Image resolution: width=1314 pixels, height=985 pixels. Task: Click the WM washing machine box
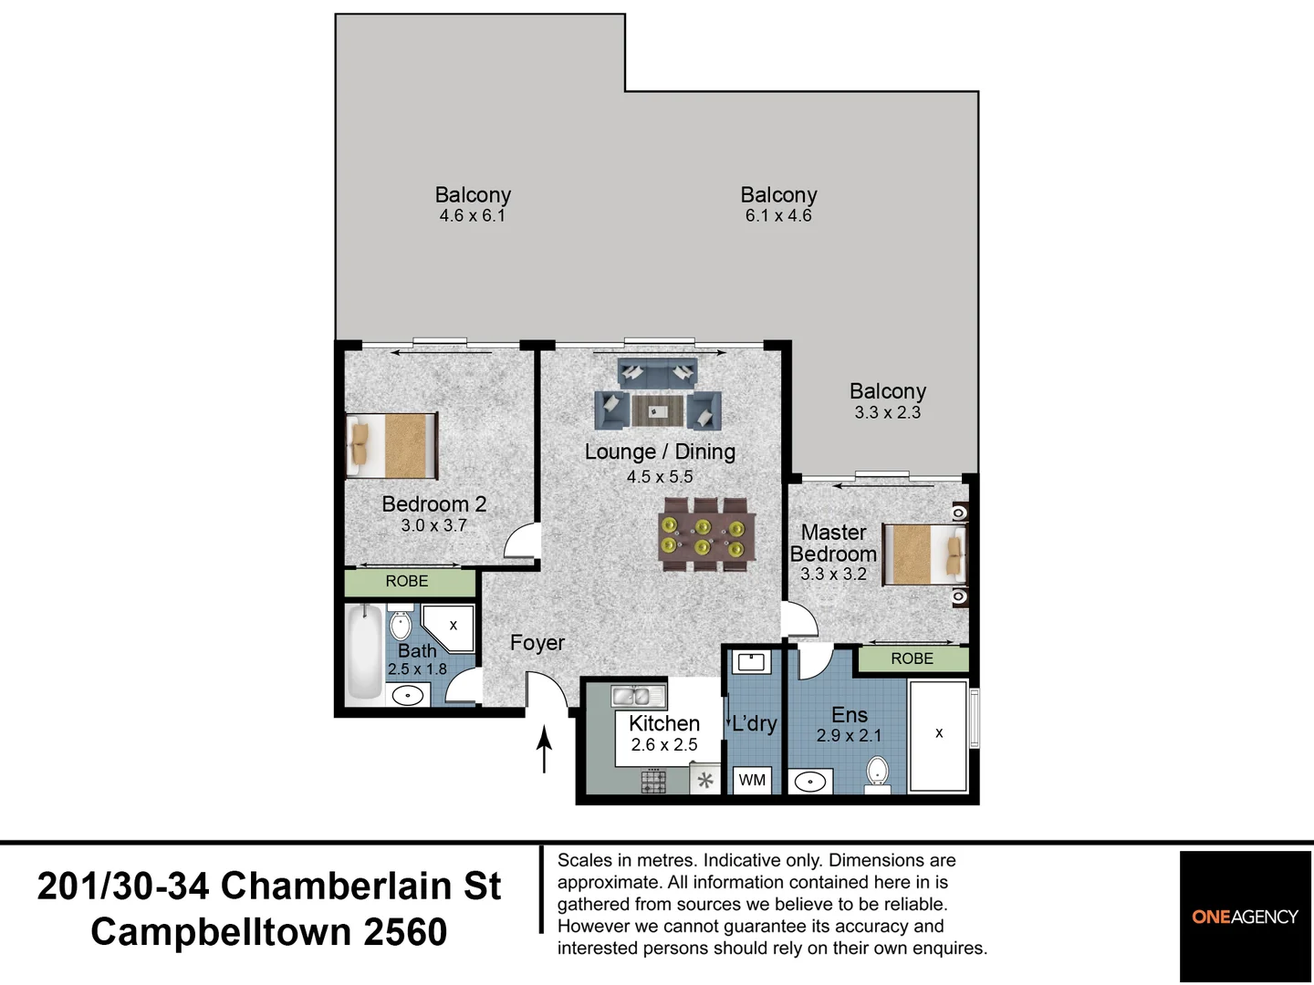pos(752,780)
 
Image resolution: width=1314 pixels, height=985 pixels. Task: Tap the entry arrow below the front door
pos(545,749)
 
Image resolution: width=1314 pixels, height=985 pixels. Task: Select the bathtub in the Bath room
pos(364,653)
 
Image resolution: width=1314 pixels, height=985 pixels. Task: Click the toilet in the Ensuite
pos(877,772)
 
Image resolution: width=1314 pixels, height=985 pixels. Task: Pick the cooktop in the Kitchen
pos(653,781)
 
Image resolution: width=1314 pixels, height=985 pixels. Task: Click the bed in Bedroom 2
pos(391,446)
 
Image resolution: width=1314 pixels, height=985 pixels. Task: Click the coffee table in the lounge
pos(657,411)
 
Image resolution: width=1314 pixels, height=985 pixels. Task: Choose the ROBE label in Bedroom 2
pos(407,582)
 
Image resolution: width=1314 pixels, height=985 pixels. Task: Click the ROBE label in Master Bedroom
pos(912,658)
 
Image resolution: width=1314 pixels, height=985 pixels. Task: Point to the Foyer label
pos(537,643)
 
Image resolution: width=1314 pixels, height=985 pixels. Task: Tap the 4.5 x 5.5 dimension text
pos(660,476)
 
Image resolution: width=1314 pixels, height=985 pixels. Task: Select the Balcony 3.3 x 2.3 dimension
pos(887,412)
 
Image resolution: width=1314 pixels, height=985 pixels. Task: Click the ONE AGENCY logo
pos(1245,917)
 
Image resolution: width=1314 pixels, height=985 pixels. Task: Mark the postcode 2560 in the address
pos(405,932)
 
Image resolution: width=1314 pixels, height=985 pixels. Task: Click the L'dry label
pos(754,724)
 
